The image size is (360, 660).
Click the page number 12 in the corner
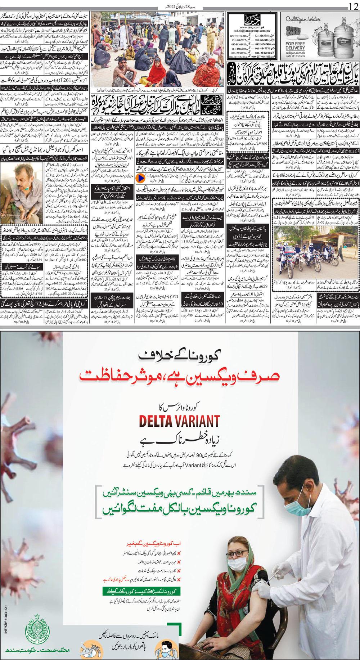coord(352,6)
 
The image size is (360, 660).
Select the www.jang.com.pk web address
coord(252,27)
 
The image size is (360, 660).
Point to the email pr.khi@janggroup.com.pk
coord(252,31)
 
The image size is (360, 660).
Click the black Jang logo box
coord(252,19)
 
